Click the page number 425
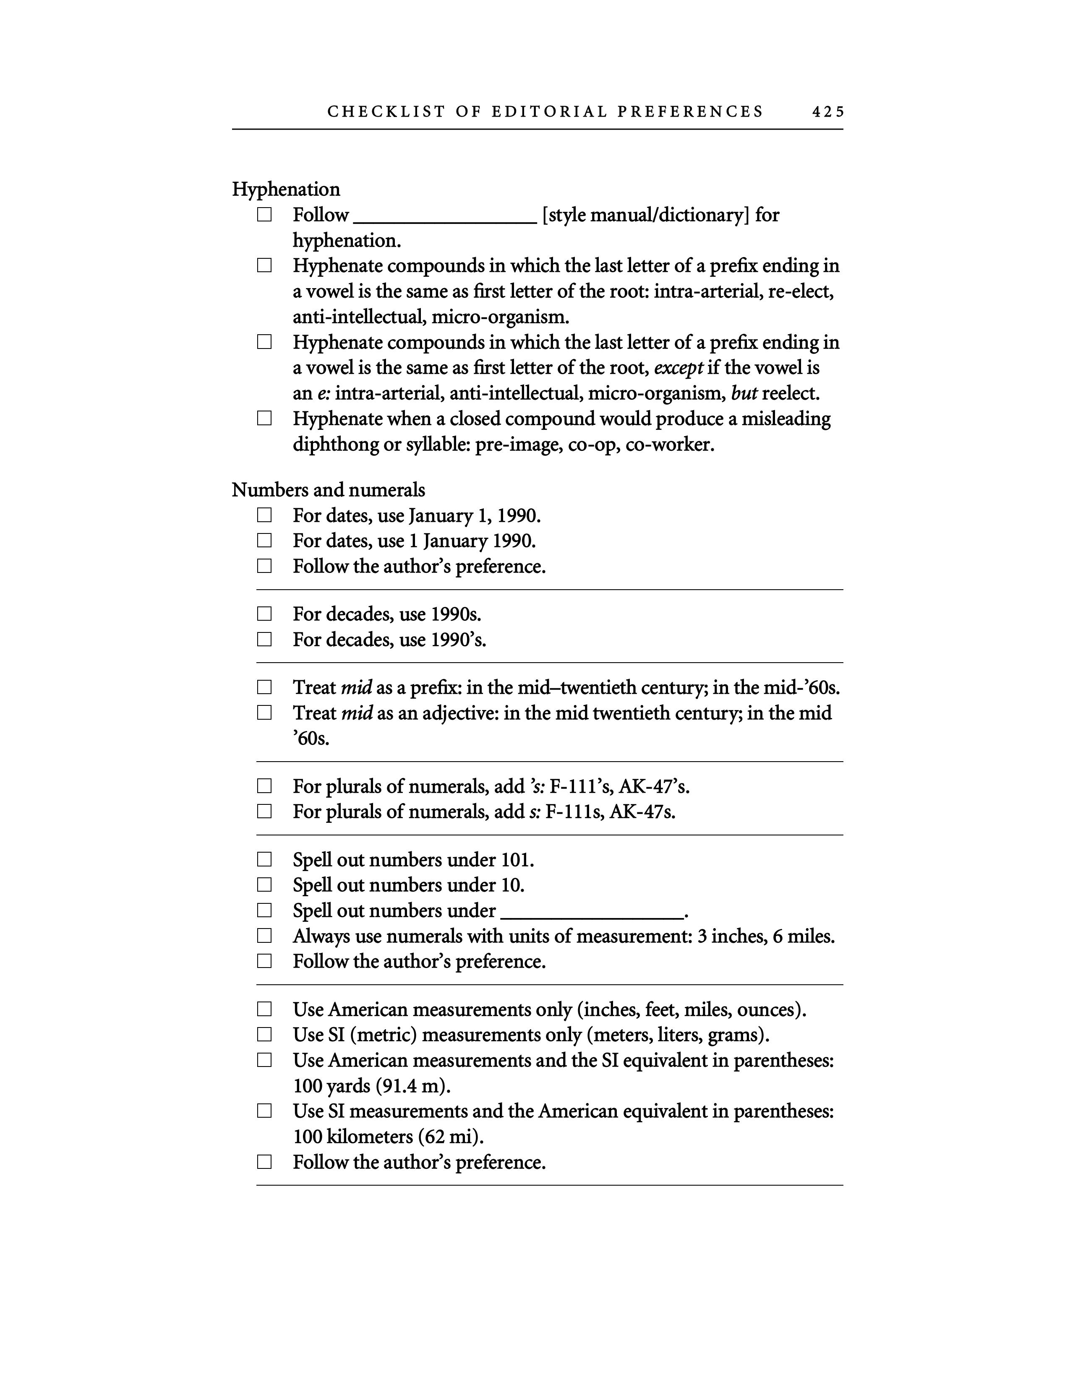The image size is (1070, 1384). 828,112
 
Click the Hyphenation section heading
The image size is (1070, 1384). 286,190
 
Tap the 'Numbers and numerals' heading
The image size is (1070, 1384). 329,490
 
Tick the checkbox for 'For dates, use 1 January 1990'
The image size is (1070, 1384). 264,541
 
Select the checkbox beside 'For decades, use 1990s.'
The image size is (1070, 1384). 264,614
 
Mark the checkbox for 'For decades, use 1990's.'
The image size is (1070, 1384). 264,640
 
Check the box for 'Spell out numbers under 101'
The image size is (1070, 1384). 264,860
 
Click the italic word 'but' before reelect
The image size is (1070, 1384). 744,393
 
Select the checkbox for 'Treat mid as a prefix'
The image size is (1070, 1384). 264,687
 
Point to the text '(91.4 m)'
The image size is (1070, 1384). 412,1086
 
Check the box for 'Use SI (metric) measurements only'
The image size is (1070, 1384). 264,1035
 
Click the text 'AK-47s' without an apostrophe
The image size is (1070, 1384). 642,812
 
